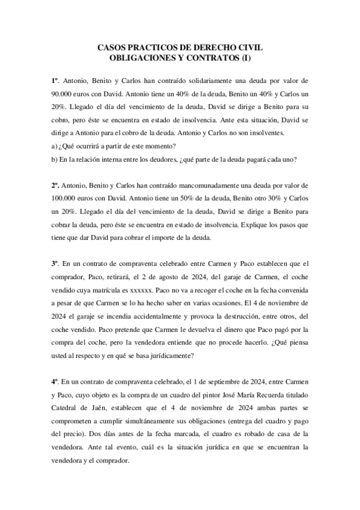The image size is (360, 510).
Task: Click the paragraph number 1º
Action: (55, 80)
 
